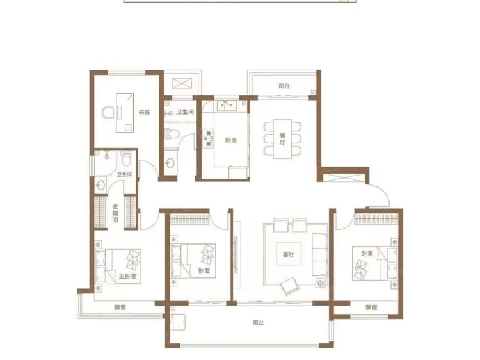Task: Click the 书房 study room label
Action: tap(145, 113)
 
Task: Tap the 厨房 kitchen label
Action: tap(231, 140)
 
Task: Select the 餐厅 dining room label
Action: tap(282, 138)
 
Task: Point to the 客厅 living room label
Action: tap(289, 254)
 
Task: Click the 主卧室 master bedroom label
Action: tap(127, 276)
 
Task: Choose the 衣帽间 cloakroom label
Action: tap(115, 213)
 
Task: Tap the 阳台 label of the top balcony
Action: tap(284, 86)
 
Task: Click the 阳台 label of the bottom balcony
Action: tap(258, 323)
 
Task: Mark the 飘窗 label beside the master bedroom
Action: tap(120, 307)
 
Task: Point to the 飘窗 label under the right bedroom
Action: tap(371, 307)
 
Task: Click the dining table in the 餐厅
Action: tap(282, 139)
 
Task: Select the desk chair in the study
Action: tap(108, 113)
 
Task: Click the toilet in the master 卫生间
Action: tap(126, 158)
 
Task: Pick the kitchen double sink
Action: tap(227, 106)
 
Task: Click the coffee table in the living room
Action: tap(289, 254)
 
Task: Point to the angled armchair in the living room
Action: tap(289, 286)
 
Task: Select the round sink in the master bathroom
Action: tap(100, 185)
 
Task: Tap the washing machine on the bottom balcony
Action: tap(179, 322)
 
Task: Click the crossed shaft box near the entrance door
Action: tap(344, 178)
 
